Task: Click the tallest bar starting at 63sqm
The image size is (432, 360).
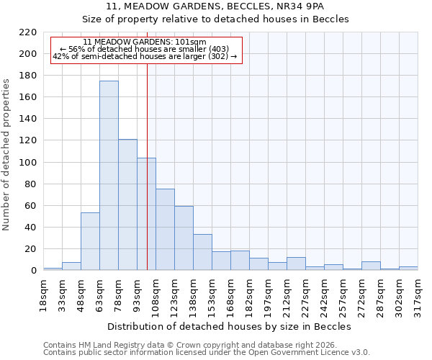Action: (x=109, y=176)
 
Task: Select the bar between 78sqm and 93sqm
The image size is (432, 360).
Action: (x=127, y=205)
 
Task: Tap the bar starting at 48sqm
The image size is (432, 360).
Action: (x=90, y=241)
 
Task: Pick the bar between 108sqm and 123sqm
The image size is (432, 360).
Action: (x=165, y=230)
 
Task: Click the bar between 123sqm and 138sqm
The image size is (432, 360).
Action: (x=184, y=238)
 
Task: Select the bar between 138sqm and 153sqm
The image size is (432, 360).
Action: (x=202, y=253)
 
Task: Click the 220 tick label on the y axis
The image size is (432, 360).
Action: (x=27, y=32)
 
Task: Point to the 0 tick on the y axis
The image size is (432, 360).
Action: (x=33, y=271)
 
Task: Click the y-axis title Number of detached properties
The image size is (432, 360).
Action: (x=7, y=152)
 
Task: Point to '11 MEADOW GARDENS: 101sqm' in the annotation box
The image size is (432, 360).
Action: (x=145, y=42)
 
